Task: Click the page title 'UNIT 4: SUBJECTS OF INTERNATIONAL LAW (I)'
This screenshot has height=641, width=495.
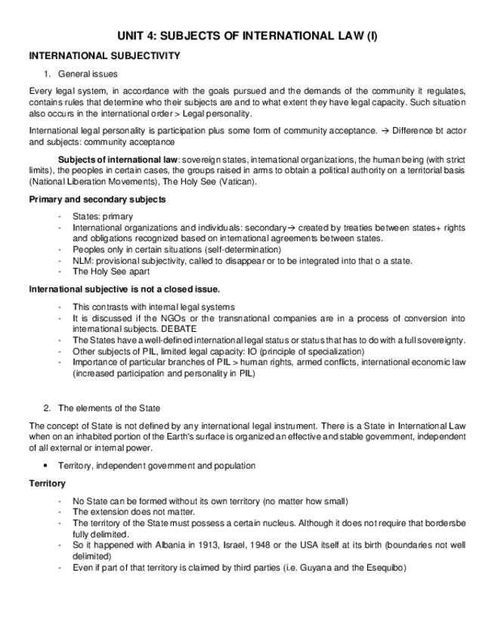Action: pyautogui.click(x=247, y=36)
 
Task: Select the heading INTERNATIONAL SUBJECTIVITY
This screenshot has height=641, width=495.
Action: pyautogui.click(x=104, y=56)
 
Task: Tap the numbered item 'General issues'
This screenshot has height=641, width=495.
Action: pyautogui.click(x=88, y=74)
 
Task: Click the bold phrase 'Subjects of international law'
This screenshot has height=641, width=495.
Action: pyautogui.click(x=118, y=159)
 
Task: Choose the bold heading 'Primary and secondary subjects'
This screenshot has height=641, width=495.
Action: pyautogui.click(x=97, y=200)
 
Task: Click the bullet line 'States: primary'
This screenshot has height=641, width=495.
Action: pyautogui.click(x=103, y=216)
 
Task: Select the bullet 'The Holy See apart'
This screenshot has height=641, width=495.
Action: pyautogui.click(x=111, y=271)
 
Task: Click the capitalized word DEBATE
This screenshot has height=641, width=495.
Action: pyautogui.click(x=179, y=330)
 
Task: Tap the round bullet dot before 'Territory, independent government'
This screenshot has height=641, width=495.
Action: pyautogui.click(x=46, y=466)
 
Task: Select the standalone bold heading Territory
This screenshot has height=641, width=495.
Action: pyautogui.click(x=47, y=483)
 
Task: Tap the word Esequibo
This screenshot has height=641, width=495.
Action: pyautogui.click(x=383, y=568)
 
